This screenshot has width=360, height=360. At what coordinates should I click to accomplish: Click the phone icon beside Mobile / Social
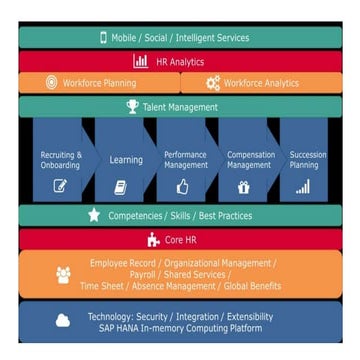pyautogui.click(x=103, y=38)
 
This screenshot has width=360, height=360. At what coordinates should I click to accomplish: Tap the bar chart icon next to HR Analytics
pyautogui.click(x=140, y=61)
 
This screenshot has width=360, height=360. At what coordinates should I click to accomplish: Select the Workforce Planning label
pyautogui.click(x=99, y=83)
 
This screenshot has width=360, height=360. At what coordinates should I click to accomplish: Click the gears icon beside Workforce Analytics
pyautogui.click(x=212, y=83)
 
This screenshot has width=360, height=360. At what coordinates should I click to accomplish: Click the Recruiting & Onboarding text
pyautogui.click(x=60, y=160)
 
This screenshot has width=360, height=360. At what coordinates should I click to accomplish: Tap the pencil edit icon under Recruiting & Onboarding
pyautogui.click(x=60, y=186)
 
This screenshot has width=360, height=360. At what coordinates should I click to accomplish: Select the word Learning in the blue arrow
pyautogui.click(x=125, y=160)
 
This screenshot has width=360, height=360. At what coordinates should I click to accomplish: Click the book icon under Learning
pyautogui.click(x=121, y=187)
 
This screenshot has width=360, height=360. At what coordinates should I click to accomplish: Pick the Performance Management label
pyautogui.click(x=185, y=160)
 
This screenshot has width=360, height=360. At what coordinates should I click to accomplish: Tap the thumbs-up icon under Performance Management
pyautogui.click(x=182, y=186)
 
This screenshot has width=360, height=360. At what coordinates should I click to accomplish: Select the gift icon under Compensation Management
pyautogui.click(x=244, y=186)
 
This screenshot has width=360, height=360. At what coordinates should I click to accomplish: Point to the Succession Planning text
pyautogui.click(x=307, y=160)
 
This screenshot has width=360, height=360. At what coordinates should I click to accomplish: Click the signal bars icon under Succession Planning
pyautogui.click(x=303, y=186)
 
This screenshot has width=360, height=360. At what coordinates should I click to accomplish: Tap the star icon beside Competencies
pyautogui.click(x=94, y=214)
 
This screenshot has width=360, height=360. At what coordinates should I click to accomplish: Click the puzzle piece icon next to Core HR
pyautogui.click(x=153, y=239)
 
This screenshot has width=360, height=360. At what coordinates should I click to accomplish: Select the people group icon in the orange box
pyautogui.click(x=63, y=274)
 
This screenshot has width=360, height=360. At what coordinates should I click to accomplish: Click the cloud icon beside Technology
pyautogui.click(x=63, y=322)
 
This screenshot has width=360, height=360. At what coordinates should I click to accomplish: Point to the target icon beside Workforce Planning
pyautogui.click(x=52, y=83)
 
